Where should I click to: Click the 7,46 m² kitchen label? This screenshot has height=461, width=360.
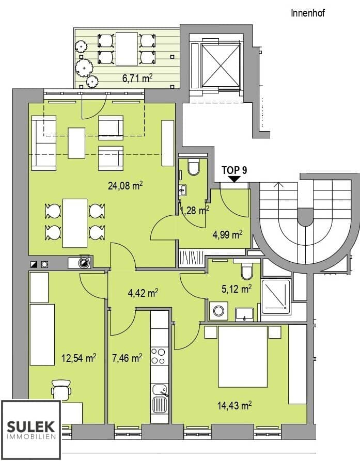click(127, 357)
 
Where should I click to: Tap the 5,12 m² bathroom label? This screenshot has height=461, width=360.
click(236, 289)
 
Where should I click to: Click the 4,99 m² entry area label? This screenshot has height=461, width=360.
click(227, 235)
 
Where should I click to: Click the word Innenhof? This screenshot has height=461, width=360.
click(308, 13)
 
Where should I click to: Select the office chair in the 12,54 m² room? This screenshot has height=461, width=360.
click(61, 389)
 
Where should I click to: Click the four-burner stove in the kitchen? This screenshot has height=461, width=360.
click(160, 356)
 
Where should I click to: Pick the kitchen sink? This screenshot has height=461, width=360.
click(160, 397)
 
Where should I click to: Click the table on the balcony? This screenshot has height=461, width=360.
click(126, 49)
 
